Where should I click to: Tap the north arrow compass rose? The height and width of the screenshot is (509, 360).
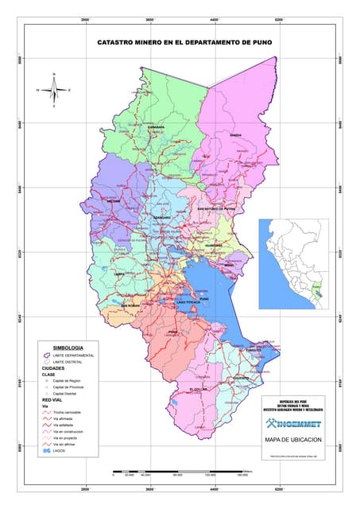[x=53, y=90]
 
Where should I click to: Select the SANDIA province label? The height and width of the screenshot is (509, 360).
[x=235, y=135]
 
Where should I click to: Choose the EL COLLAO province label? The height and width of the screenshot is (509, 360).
[x=199, y=388]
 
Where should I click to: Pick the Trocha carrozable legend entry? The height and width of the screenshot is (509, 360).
[x=69, y=413]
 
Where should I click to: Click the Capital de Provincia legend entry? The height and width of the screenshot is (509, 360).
[x=70, y=387]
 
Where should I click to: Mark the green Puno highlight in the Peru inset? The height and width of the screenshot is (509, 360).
[x=319, y=293]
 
